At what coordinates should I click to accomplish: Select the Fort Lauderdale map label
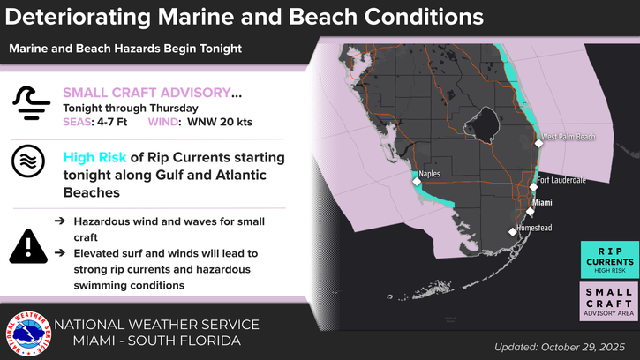[562, 180]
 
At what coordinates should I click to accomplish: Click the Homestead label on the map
[535, 228]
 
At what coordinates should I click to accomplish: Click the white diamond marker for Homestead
[512, 231]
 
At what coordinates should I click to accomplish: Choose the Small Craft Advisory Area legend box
[609, 302]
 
